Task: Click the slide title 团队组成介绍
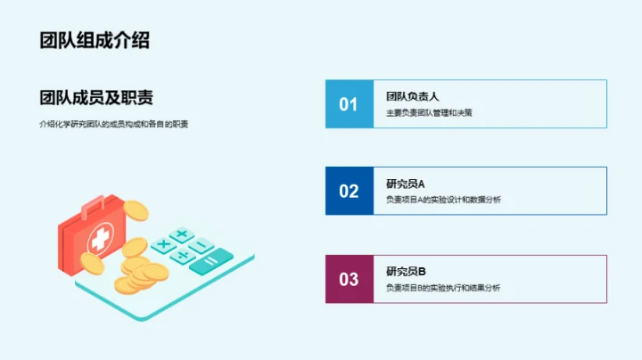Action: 94,40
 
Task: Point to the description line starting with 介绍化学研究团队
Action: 113,124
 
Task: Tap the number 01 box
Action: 349,104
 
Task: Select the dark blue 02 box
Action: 349,191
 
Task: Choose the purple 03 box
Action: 349,279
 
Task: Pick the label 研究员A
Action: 406,184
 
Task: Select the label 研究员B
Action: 406,271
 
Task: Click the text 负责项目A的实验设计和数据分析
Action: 443,200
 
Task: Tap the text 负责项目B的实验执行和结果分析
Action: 443,288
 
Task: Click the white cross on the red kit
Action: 99,239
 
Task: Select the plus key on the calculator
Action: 182,235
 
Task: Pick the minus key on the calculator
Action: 202,245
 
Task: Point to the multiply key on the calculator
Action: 163,244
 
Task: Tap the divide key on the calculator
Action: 182,255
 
